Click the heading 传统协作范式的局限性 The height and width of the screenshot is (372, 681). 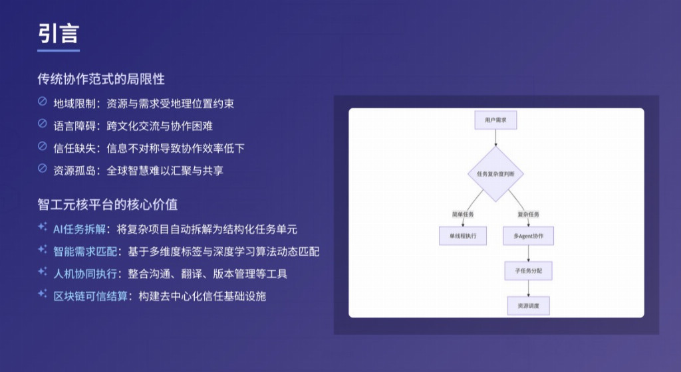[x=100, y=79]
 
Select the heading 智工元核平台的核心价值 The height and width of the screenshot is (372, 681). [x=107, y=204]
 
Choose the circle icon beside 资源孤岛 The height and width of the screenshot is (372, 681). [x=43, y=169]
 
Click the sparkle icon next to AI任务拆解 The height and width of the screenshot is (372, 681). [x=43, y=227]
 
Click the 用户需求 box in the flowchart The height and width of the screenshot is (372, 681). [x=495, y=121]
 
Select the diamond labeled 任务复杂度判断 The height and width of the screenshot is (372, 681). [x=495, y=174]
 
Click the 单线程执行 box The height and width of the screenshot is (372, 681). [x=463, y=236]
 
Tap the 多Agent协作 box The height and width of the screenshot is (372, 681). [x=528, y=236]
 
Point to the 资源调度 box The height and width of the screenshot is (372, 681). [x=528, y=306]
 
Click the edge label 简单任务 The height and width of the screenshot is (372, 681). [x=463, y=214]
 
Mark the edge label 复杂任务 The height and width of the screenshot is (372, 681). [x=528, y=214]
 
